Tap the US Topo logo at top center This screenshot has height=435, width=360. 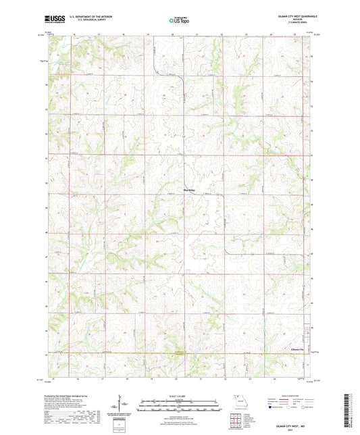[179, 21]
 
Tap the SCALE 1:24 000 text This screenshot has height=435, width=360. [180, 396]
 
